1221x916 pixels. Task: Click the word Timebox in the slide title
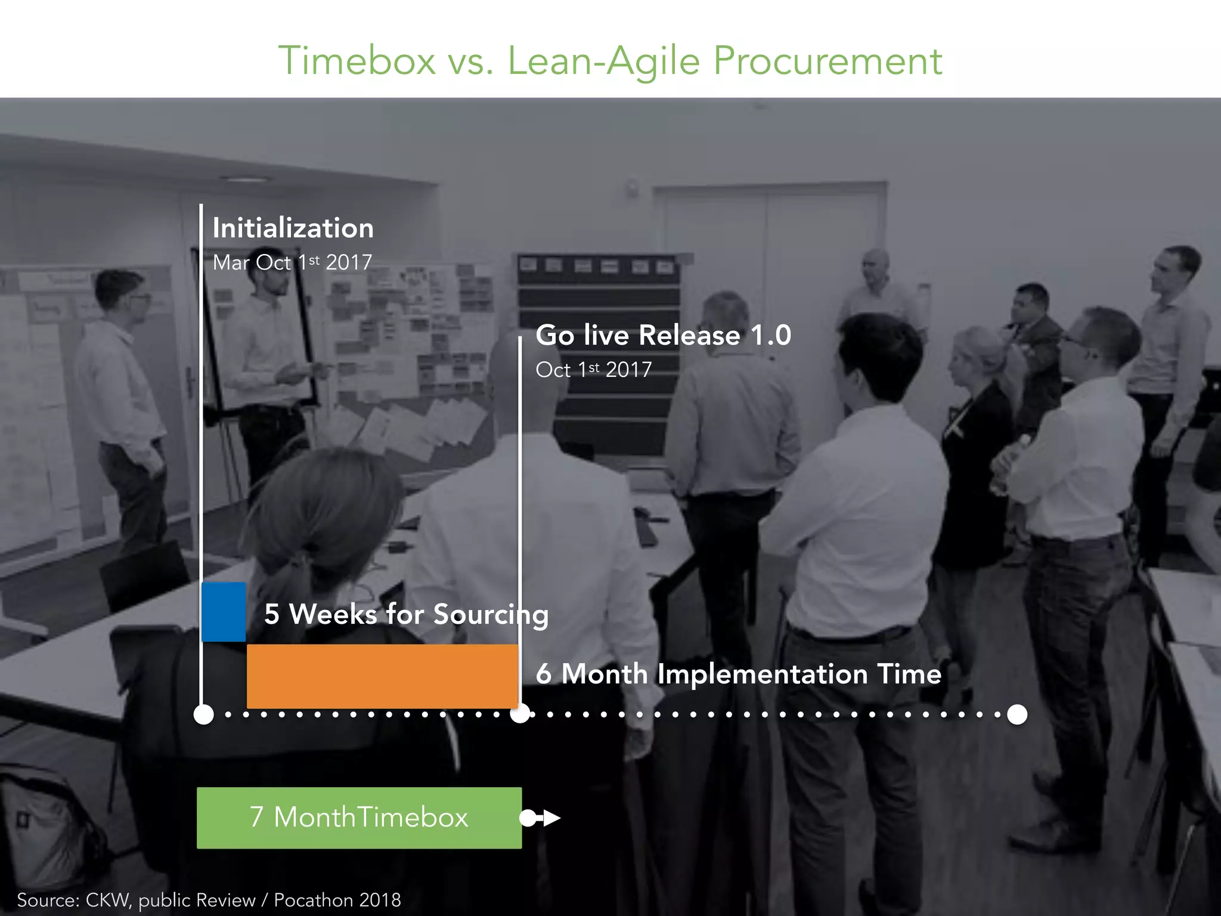point(357,61)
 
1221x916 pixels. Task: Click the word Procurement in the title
point(828,61)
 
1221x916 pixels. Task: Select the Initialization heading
point(293,228)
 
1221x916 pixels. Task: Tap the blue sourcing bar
point(224,611)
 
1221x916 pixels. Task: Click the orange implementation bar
point(382,676)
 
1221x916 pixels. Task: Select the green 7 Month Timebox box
point(359,818)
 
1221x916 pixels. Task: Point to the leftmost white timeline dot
point(204,714)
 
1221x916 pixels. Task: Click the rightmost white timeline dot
point(1017,714)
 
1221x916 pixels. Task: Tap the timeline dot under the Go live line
point(520,714)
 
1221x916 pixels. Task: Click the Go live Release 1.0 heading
point(663,335)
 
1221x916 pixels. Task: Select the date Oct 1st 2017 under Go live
point(593,370)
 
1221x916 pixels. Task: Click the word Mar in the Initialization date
point(231,263)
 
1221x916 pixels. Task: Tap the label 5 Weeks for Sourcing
point(406,614)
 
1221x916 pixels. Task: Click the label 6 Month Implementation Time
point(738,674)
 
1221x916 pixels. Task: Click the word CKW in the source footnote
point(107,900)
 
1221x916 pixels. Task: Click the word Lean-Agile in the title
point(603,61)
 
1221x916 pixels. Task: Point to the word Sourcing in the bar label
point(490,614)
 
